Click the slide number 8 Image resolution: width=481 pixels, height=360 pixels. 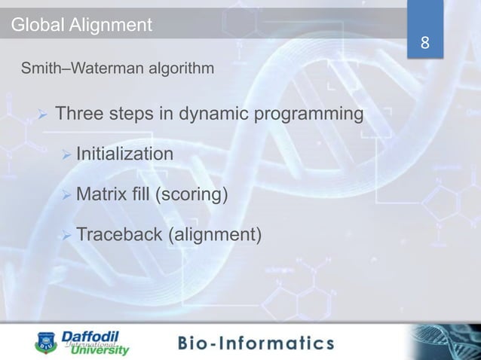coord(425,43)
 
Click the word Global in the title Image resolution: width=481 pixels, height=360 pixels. coord(35,26)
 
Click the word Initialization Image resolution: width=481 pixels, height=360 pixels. coord(124,154)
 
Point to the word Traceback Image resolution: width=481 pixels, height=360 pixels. coord(118,236)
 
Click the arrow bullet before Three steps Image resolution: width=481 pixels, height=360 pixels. coord(43,116)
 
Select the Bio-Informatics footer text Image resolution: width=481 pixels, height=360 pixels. coord(255,343)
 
